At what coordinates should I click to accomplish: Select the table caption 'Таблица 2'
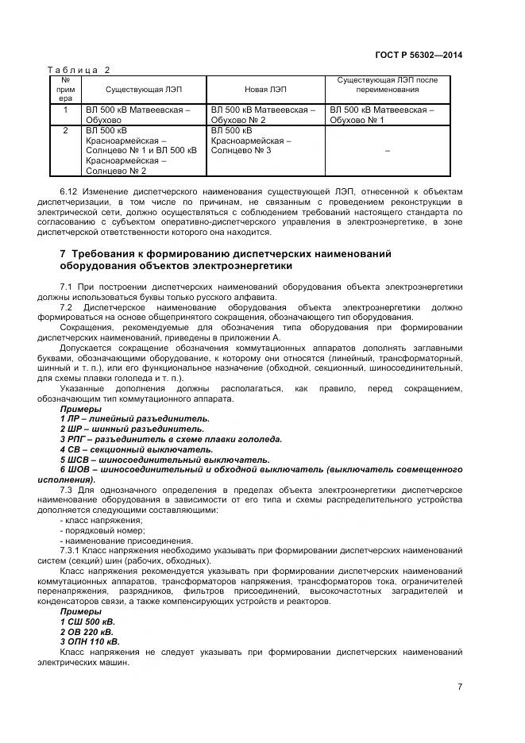point(79,70)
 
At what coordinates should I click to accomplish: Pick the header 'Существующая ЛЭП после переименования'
point(387,85)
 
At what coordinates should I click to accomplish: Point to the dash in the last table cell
point(387,150)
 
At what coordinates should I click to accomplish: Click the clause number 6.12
point(69,191)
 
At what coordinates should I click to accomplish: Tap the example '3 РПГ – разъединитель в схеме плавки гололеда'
point(171,439)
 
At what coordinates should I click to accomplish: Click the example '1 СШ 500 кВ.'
point(87,622)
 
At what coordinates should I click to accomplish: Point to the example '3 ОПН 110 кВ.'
point(90,641)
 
